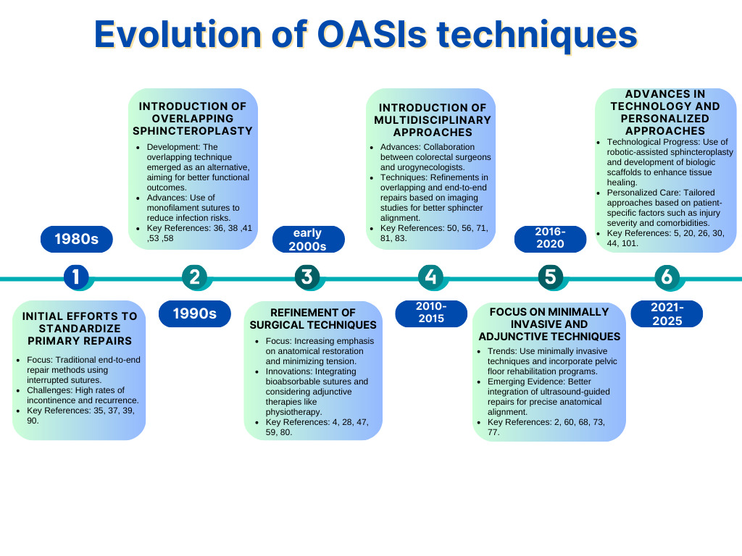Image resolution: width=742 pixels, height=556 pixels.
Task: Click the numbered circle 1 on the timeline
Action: (x=75, y=277)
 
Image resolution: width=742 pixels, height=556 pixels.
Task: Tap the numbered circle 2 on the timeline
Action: (x=193, y=277)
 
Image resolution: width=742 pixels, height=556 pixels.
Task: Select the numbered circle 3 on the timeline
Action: (x=307, y=277)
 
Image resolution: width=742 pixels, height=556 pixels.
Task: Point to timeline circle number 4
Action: (x=431, y=277)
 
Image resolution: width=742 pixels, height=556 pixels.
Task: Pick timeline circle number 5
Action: (x=551, y=277)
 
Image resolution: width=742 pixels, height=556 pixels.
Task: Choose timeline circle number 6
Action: (x=666, y=277)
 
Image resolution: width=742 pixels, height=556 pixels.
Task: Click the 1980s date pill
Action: (x=77, y=239)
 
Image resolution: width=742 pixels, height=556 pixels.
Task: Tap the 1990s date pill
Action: (x=194, y=313)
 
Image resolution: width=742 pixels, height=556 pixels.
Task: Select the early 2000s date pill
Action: (x=308, y=240)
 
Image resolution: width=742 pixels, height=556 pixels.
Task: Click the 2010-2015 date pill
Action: (x=431, y=313)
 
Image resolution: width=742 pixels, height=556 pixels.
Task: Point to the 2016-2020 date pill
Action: (x=550, y=239)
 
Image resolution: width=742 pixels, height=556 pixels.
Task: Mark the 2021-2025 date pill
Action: (x=667, y=313)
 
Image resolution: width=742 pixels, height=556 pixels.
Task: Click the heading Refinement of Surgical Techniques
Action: (x=313, y=319)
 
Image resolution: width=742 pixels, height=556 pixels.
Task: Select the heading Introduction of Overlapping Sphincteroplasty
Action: (x=193, y=118)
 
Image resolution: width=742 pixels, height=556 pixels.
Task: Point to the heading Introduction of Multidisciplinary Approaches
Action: (x=433, y=119)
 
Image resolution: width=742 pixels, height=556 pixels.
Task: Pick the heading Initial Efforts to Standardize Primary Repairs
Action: (x=80, y=328)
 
